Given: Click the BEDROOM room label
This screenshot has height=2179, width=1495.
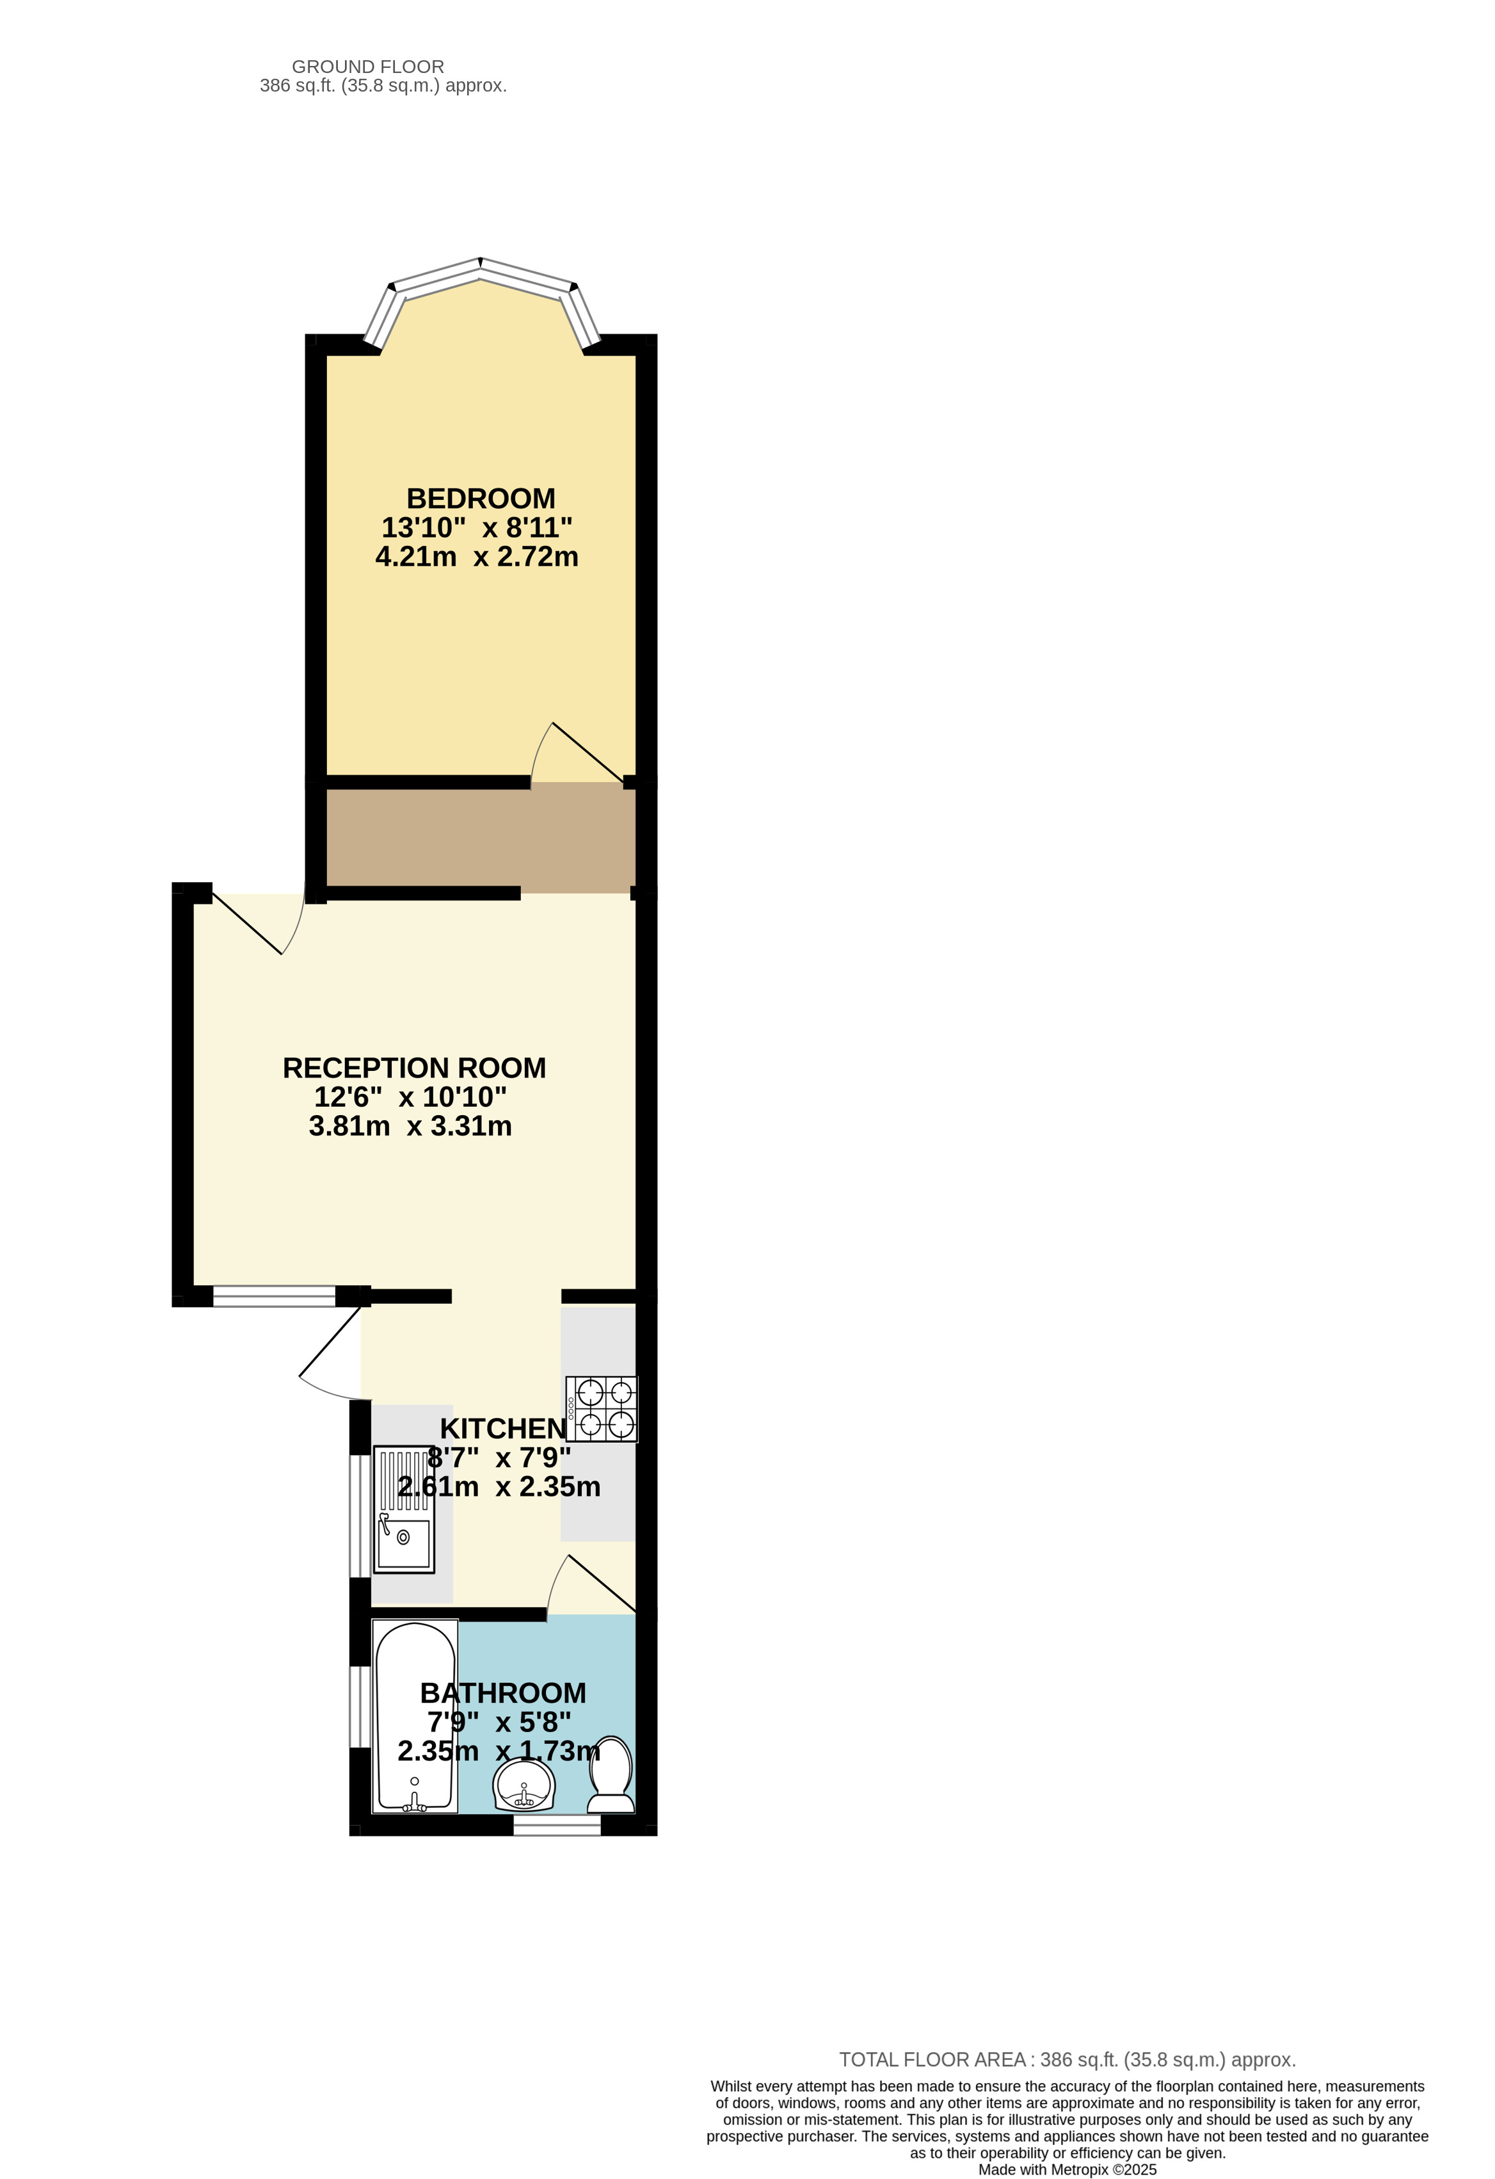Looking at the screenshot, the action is coord(481,498).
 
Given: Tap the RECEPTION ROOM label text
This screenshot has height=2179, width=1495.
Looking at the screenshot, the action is coord(414,1067).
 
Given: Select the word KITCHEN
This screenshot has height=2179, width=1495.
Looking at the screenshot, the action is coord(503,1428).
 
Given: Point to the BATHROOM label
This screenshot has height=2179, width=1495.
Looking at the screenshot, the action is coord(503,1693).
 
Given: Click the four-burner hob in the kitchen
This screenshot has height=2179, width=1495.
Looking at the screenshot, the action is coord(602,1408).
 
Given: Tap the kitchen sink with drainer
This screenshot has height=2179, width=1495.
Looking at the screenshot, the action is coord(404,1509).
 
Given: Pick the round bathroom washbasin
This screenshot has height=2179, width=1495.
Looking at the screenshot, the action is coord(525,1784).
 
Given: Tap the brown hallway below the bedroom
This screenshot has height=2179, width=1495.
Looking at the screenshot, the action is coord(481,837).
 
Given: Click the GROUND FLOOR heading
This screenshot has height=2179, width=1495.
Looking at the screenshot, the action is coord(369,67).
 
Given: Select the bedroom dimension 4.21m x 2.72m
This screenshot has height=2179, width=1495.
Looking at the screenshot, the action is coord(477,556).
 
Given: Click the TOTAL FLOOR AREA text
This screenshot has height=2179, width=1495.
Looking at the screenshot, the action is coord(1067,2060).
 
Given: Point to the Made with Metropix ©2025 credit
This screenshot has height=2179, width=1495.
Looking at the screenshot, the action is coord(1067,2169).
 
